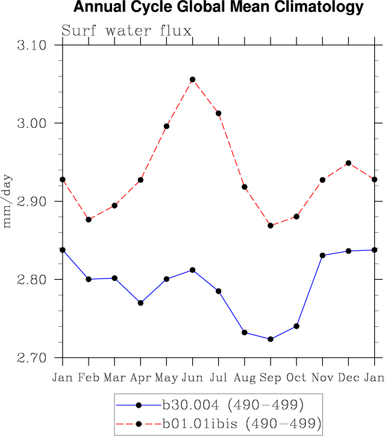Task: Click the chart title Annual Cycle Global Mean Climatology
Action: point(219,8)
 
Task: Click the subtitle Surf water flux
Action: point(127,30)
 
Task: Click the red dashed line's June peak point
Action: point(193,80)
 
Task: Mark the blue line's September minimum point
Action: point(271,339)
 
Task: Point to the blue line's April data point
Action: point(140,303)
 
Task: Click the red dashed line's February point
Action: point(89,220)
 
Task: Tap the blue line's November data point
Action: point(322,255)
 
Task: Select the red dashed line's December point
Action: point(348,163)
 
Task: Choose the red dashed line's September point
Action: point(271,226)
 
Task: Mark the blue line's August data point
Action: point(245,332)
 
